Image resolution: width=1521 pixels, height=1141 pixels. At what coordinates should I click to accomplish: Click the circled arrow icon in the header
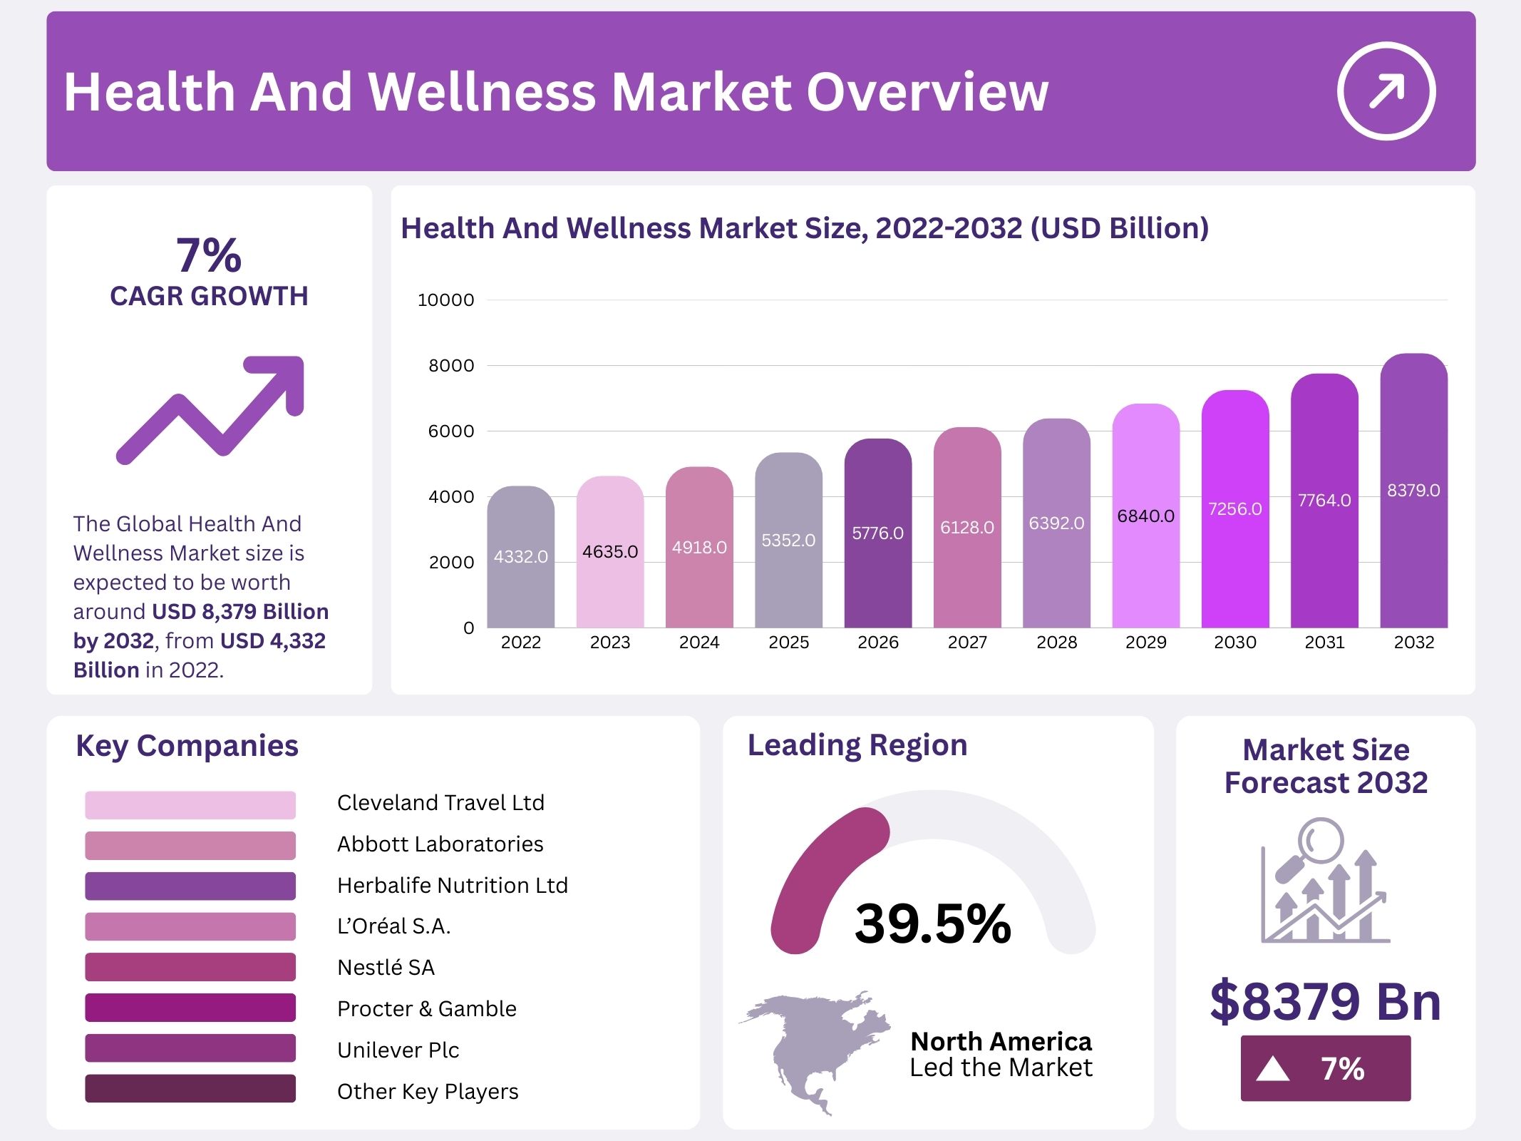tap(1386, 91)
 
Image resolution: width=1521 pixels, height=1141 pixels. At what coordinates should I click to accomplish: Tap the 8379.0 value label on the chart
tap(1413, 491)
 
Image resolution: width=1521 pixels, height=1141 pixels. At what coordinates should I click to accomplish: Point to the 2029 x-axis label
tap(1145, 643)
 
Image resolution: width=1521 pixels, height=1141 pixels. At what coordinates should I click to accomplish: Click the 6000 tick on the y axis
tap(450, 431)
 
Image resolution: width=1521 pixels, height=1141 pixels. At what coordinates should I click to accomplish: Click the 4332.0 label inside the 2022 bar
tap(521, 557)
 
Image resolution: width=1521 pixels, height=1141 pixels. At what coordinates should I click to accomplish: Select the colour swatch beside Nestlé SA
tap(190, 967)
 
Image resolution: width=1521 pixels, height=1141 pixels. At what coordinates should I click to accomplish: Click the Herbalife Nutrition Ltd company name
tap(452, 885)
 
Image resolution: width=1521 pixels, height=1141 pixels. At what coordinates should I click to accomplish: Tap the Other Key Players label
tap(428, 1091)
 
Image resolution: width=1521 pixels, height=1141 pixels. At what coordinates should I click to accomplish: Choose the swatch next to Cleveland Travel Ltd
tap(190, 805)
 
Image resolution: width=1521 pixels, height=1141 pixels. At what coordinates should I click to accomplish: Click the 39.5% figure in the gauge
tap(933, 923)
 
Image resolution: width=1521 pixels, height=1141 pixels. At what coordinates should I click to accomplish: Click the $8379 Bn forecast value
tap(1325, 1001)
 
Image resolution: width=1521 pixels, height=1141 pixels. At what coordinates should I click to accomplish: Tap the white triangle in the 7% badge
tap(1272, 1069)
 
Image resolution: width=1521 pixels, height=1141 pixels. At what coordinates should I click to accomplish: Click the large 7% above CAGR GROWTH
tap(209, 255)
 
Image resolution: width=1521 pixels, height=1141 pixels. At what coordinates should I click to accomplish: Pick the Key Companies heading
tap(187, 746)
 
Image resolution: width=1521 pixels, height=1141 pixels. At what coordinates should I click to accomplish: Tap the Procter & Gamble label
tap(426, 1008)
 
